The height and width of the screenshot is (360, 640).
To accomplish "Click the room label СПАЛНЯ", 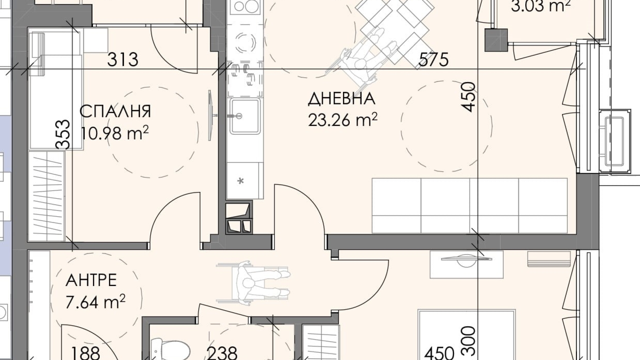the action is [x=115, y=112].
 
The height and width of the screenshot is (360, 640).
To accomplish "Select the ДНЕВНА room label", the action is [x=342, y=99].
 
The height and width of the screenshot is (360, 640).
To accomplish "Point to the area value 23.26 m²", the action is [x=343, y=120].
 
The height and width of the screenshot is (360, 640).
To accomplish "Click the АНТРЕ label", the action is [x=91, y=280].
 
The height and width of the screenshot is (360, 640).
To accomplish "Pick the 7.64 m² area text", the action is [x=95, y=302].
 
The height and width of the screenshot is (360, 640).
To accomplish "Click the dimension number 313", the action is [x=123, y=60].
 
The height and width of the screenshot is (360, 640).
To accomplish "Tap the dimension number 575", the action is [x=433, y=60].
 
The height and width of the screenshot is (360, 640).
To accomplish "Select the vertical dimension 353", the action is [x=63, y=134].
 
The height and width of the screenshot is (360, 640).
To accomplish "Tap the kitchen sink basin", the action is [x=245, y=116].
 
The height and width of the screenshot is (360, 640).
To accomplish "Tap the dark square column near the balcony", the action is [x=496, y=40].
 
